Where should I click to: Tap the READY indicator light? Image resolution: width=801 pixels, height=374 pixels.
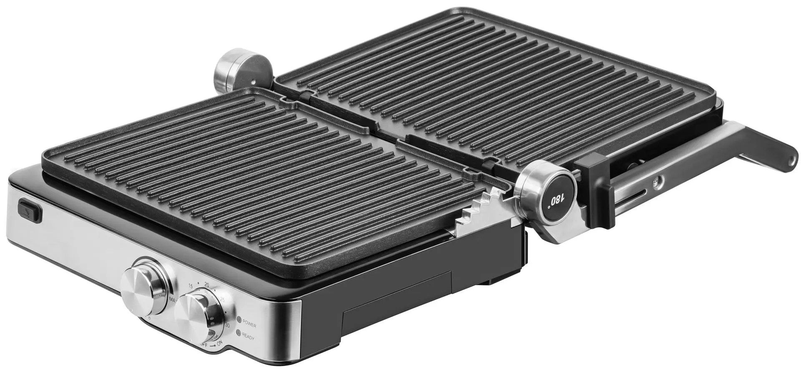[239, 333]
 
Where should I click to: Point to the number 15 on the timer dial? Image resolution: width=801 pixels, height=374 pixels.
[191, 286]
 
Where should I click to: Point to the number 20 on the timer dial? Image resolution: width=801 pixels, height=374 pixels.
[207, 285]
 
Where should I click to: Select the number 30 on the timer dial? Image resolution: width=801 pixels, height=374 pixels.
[227, 325]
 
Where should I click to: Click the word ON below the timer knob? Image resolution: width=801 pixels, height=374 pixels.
[219, 343]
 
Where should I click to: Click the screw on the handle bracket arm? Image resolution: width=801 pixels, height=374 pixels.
[658, 181]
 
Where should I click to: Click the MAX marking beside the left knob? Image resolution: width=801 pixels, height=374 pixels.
[173, 300]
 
